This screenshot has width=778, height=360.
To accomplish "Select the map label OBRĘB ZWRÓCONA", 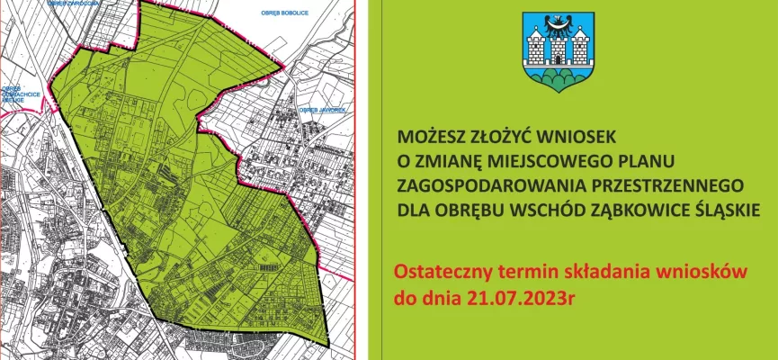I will [x=72, y=3].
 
